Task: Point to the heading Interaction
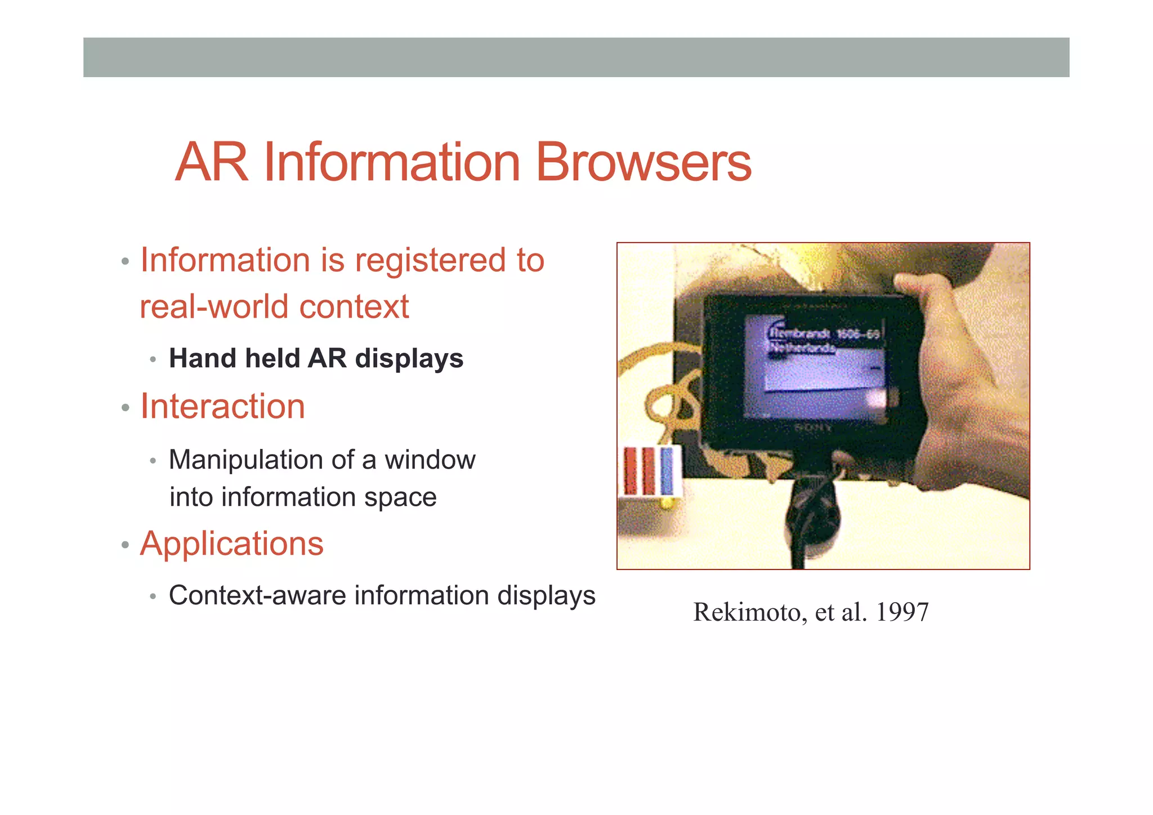pos(222,406)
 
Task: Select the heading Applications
pos(231,544)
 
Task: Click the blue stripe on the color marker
pos(667,471)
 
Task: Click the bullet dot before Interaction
pos(125,408)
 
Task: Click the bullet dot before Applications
pos(125,545)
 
